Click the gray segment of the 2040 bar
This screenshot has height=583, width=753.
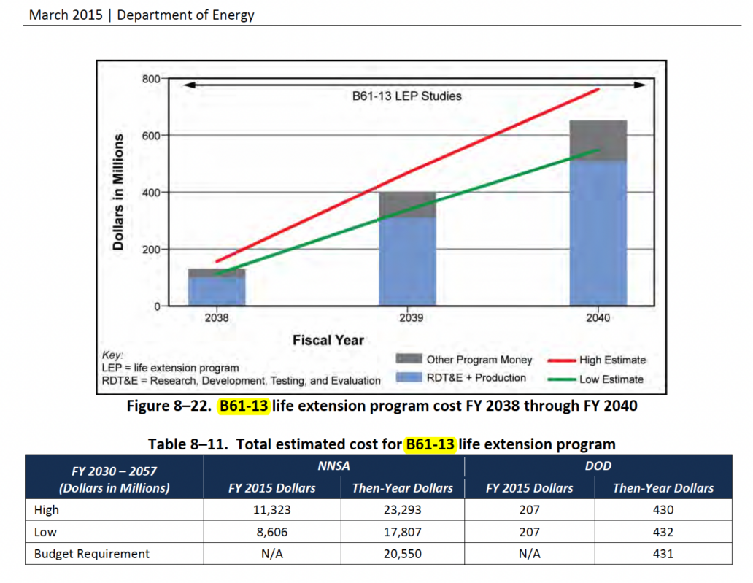coord(598,140)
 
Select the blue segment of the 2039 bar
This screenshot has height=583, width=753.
coord(406,261)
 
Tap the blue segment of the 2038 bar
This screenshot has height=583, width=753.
coord(217,290)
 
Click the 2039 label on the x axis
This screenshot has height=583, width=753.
coord(407,318)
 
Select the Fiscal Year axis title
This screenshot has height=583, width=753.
coord(328,340)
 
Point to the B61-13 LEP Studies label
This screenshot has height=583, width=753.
coord(402,96)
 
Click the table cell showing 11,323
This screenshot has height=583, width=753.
coord(271,510)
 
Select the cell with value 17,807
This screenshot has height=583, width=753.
coord(402,532)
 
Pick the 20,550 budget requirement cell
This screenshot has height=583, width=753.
coord(402,554)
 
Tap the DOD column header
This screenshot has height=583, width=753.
coord(598,466)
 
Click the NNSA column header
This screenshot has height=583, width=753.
coord(336,466)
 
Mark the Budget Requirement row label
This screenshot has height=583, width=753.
coord(92,554)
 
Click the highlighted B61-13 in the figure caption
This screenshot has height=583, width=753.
coord(244,406)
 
